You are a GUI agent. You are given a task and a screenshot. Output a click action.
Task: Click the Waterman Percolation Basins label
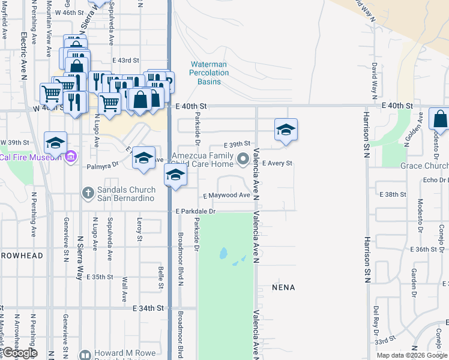(209, 73)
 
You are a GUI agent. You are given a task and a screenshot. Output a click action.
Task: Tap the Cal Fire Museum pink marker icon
(71, 157)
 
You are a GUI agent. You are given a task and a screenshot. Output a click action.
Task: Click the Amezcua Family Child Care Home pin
(243, 159)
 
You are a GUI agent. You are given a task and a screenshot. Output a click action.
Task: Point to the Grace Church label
(424, 166)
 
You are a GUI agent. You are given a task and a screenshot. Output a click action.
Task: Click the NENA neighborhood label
(283, 287)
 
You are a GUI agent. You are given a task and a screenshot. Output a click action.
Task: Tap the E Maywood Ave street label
(226, 196)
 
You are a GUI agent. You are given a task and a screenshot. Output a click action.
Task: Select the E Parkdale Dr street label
(196, 211)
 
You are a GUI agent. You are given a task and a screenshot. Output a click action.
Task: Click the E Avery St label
(277, 163)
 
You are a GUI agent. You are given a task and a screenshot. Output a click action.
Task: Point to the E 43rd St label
(125, 61)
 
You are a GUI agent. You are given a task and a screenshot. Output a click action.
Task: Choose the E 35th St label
(100, 277)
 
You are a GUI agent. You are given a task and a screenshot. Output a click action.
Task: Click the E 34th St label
(148, 308)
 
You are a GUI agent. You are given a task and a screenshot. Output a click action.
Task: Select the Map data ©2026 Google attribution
(412, 355)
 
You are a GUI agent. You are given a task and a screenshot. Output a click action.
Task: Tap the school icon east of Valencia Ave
(286, 130)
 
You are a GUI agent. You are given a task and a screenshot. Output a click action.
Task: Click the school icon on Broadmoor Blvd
(175, 175)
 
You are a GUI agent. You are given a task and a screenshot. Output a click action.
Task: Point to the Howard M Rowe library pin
(86, 355)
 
